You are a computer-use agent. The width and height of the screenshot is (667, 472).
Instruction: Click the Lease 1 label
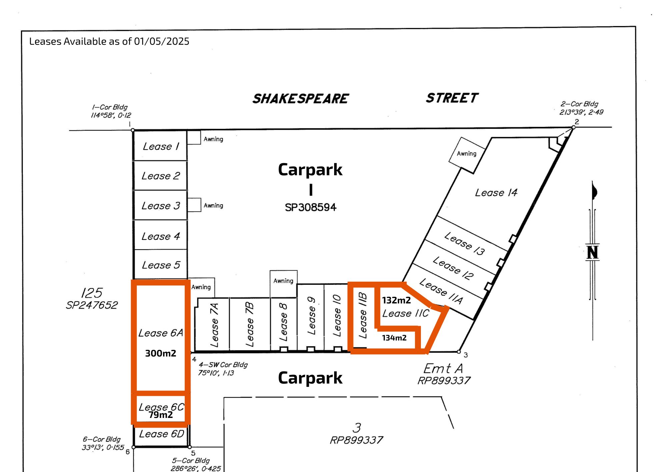[x=161, y=146]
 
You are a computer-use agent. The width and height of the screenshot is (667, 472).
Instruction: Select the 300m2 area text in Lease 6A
[x=160, y=353]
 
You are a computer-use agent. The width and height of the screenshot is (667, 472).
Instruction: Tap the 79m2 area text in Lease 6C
[x=161, y=415]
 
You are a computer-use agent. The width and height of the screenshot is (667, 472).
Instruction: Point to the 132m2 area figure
[x=396, y=300]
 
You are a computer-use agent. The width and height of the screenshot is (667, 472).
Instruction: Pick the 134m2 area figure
[x=394, y=338]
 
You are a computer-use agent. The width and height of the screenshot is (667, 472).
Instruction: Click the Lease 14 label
[x=496, y=193]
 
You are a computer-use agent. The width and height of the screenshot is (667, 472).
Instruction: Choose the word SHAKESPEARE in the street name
[x=300, y=99]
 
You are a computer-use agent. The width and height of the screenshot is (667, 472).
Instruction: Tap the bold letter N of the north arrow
[x=592, y=252]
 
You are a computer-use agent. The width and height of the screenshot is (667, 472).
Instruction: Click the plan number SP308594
[x=310, y=207]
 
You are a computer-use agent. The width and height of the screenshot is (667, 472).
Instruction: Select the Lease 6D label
[x=161, y=434]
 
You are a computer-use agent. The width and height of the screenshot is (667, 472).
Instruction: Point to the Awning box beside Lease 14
[x=467, y=154]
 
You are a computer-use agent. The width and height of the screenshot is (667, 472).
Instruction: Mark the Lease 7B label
[x=249, y=324]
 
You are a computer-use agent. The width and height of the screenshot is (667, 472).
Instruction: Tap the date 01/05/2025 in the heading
[x=161, y=41]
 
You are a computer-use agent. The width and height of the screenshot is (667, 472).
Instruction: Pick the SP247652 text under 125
[x=92, y=305]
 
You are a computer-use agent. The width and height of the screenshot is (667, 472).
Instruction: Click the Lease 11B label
[x=363, y=315]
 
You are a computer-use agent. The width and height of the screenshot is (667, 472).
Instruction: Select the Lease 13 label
[x=465, y=243]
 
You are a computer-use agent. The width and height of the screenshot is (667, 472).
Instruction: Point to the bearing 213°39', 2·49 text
[x=581, y=112]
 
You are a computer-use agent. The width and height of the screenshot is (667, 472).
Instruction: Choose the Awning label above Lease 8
[x=283, y=281]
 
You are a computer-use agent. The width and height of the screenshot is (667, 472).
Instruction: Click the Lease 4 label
[x=161, y=236]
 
